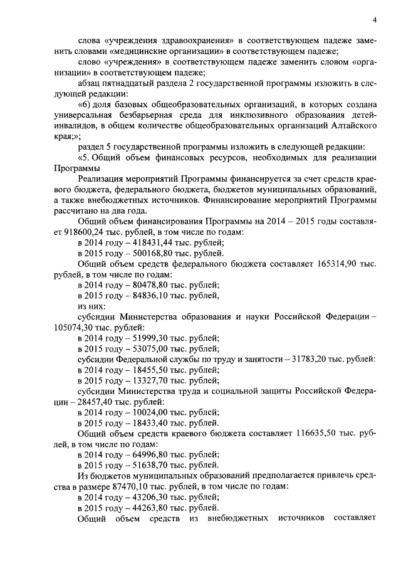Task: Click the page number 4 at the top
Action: [x=373, y=18]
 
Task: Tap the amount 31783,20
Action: [x=312, y=360]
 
